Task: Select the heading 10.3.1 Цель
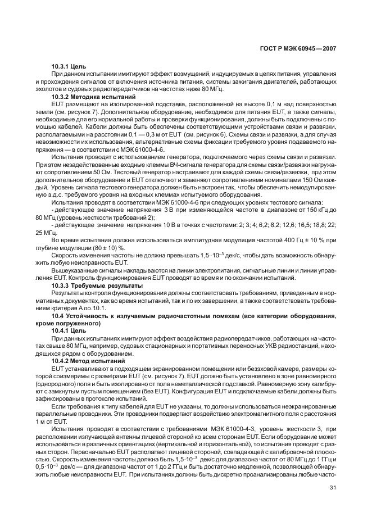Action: coord(69,67)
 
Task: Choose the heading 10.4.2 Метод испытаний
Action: coord(84,360)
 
